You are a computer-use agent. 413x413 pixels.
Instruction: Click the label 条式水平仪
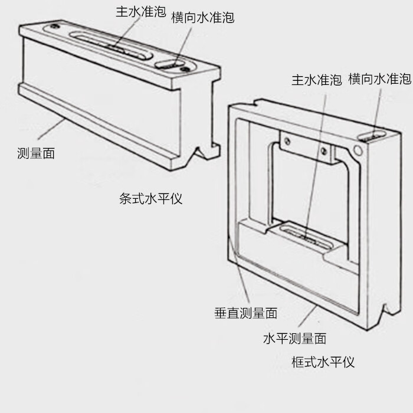click(x=150, y=199)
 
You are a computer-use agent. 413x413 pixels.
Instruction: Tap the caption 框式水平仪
click(x=323, y=362)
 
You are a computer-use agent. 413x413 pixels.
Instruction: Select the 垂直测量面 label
click(x=245, y=313)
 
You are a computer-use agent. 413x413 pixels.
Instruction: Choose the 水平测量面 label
click(x=294, y=339)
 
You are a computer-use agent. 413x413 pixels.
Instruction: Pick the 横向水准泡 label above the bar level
click(x=202, y=18)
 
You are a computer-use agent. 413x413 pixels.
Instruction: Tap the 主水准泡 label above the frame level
click(x=316, y=80)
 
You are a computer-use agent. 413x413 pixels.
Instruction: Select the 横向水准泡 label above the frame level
click(x=379, y=79)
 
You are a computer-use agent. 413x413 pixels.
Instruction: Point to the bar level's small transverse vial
click(x=171, y=64)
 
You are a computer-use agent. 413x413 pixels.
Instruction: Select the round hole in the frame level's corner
click(x=358, y=147)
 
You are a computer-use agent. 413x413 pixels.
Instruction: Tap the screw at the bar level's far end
click(x=55, y=27)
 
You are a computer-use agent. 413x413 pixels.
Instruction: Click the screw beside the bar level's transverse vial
click(x=186, y=70)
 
